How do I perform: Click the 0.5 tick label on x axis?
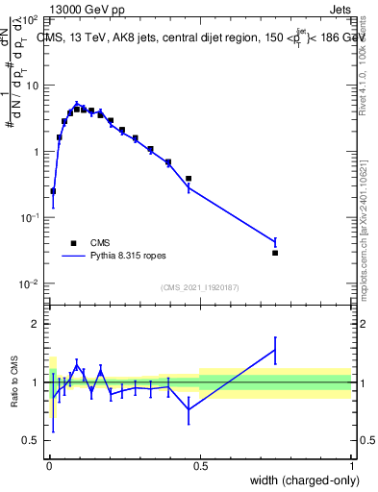point(200,466)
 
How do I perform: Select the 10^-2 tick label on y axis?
point(28,284)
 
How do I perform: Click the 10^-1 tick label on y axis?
point(28,218)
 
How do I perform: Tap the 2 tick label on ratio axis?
point(35,324)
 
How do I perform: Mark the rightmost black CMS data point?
point(275,253)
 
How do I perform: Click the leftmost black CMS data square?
point(53,191)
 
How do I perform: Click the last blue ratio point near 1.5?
point(275,351)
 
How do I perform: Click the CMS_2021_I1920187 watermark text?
point(199,287)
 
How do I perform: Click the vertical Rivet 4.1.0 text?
point(369,62)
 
